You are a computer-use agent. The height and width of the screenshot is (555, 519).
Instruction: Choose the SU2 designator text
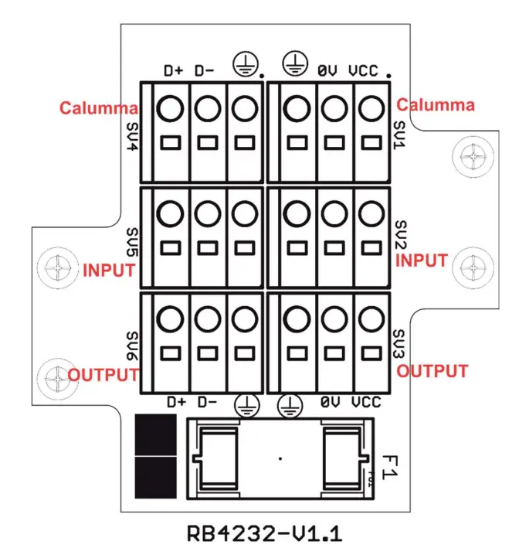pyautogui.click(x=400, y=237)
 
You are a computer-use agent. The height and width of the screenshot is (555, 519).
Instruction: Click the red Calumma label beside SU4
pyautogui.click(x=100, y=107)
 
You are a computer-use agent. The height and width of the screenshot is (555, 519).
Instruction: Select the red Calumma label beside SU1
pyautogui.click(x=436, y=105)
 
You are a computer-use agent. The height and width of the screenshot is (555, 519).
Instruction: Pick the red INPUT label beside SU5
pyautogui.click(x=109, y=271)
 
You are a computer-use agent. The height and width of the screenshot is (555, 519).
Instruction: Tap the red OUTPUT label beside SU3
pyautogui.click(x=432, y=371)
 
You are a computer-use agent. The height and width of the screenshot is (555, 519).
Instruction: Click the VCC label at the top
pyautogui.click(x=363, y=71)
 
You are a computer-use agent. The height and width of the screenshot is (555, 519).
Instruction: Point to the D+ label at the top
pyautogui.click(x=174, y=71)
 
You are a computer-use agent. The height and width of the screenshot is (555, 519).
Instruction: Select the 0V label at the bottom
pyautogui.click(x=329, y=403)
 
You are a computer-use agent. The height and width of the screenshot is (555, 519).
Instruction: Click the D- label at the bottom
pyautogui.click(x=205, y=403)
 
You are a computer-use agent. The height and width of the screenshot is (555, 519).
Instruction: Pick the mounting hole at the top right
pyautogui.click(x=470, y=156)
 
